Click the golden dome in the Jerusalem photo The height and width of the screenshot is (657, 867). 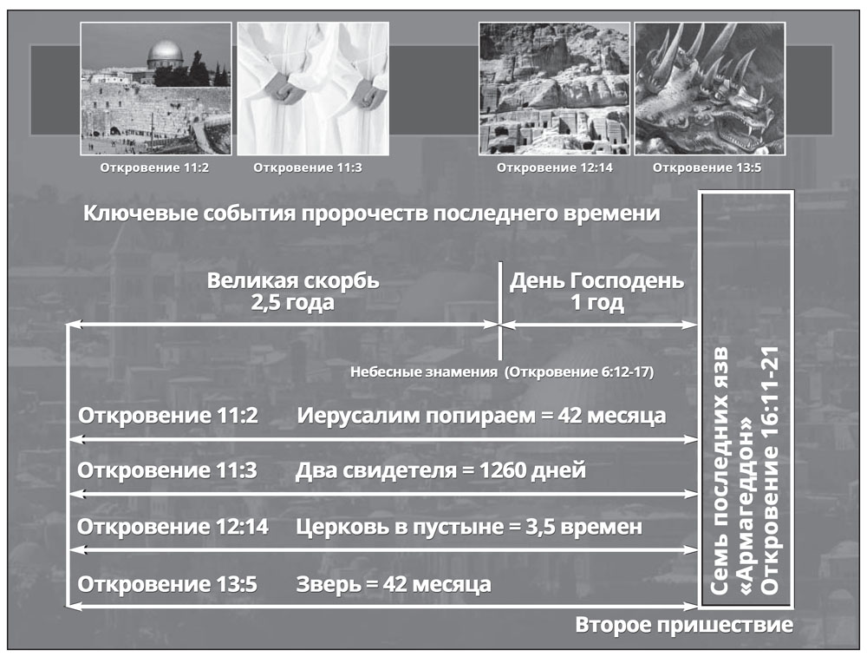pyautogui.click(x=165, y=53)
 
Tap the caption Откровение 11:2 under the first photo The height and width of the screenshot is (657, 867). pyautogui.click(x=154, y=168)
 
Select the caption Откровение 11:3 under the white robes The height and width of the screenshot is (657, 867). pyautogui.click(x=308, y=168)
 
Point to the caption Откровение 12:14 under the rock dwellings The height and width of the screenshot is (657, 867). pyautogui.click(x=555, y=168)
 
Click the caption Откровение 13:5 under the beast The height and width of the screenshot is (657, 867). pyautogui.click(x=707, y=168)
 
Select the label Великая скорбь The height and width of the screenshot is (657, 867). pyautogui.click(x=293, y=280)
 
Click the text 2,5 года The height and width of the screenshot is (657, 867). pyautogui.click(x=292, y=303)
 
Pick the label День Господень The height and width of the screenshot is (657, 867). pyautogui.click(x=596, y=280)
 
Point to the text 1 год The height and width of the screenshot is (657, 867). pyautogui.click(x=597, y=303)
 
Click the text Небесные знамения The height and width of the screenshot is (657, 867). pyautogui.click(x=424, y=372)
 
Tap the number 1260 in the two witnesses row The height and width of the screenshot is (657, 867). pyautogui.click(x=501, y=470)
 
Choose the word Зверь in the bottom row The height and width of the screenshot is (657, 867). pyautogui.click(x=329, y=584)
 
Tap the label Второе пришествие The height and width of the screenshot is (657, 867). pyautogui.click(x=684, y=625)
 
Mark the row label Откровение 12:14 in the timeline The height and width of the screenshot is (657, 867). pyautogui.click(x=173, y=526)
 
